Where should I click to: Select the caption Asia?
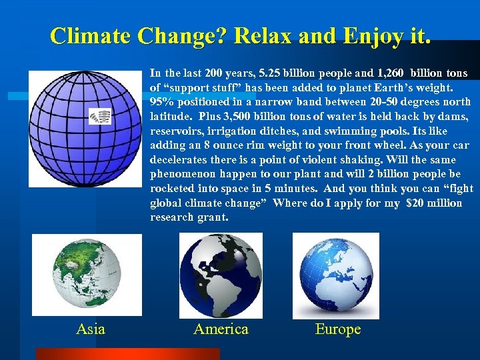click(x=91, y=329)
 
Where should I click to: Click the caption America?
click(x=221, y=329)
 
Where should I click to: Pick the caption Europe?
click(x=338, y=329)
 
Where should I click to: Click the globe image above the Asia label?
click(x=87, y=275)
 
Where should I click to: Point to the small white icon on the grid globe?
click(x=100, y=117)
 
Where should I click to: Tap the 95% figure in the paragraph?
click(x=162, y=102)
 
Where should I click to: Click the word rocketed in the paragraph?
click(x=172, y=189)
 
